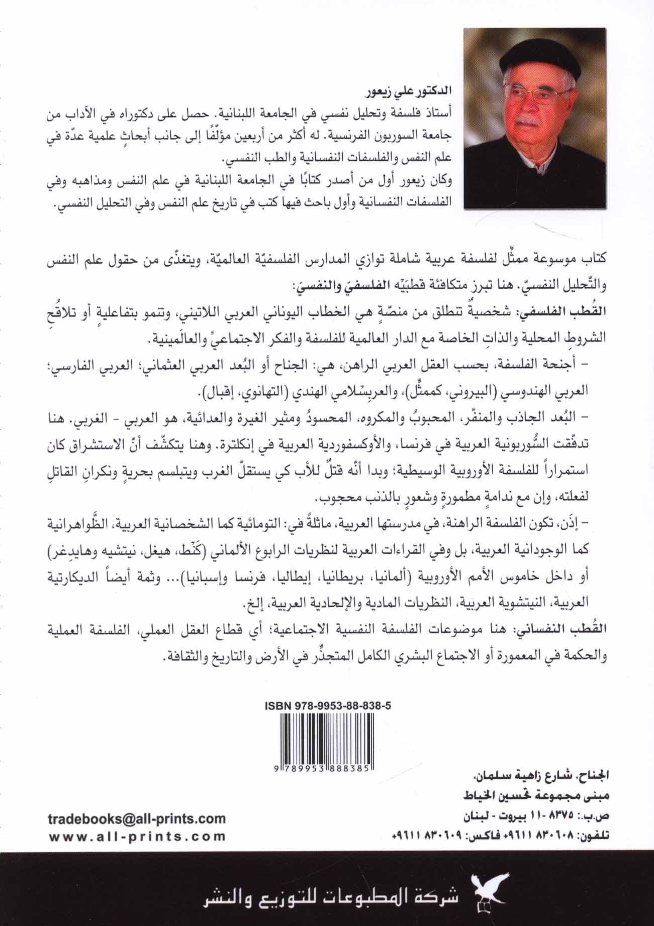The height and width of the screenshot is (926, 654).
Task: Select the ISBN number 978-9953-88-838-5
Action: tap(327, 706)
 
